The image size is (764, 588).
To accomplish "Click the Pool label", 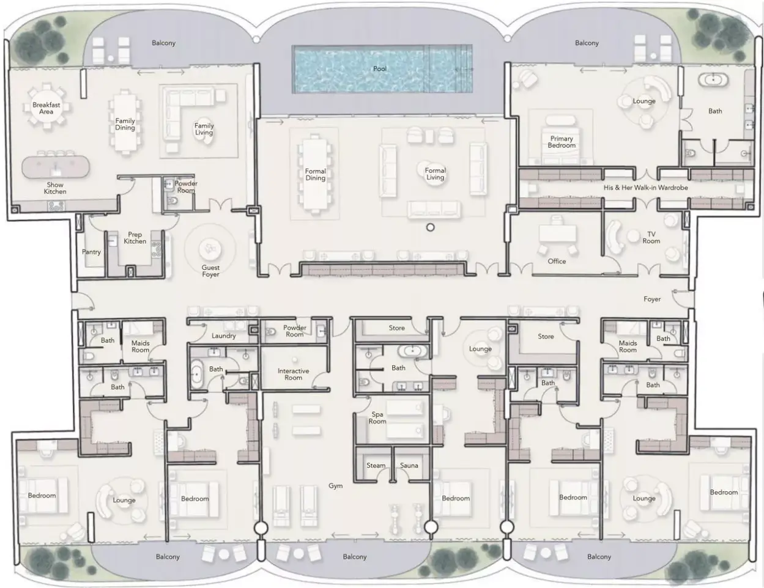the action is (380, 69).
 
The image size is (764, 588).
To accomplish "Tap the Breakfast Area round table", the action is (46, 107).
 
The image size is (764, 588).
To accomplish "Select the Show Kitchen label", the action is (55, 188).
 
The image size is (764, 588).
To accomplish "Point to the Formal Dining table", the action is (315, 174).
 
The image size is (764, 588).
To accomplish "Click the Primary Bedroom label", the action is (562, 142).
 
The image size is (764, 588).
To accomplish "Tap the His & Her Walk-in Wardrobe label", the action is (645, 188).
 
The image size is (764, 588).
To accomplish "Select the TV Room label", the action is (651, 237).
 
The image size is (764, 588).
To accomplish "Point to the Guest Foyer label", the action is (210, 271).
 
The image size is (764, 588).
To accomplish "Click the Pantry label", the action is (91, 252).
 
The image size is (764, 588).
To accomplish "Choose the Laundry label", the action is (224, 336).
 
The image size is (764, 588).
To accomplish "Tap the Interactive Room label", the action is (293, 374).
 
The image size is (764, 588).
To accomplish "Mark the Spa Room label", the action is (377, 417).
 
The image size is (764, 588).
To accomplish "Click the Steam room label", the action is (376, 465).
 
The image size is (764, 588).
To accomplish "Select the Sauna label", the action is (409, 465).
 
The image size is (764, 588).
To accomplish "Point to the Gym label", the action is (335, 486).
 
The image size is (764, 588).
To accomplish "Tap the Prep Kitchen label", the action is (135, 238).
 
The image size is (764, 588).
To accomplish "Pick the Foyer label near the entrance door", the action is (652, 299).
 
